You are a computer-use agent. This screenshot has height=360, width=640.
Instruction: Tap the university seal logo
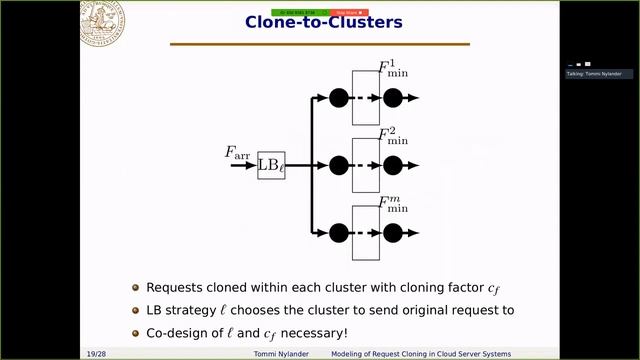tap(102, 22)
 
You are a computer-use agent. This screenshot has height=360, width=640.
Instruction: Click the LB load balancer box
tap(271, 165)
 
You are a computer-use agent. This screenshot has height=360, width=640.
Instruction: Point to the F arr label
tap(239, 153)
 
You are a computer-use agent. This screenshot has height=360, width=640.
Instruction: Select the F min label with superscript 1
tap(393, 71)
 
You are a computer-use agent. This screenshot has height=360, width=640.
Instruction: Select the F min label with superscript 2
tap(393, 137)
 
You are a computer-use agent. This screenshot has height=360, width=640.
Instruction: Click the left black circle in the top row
tap(338, 98)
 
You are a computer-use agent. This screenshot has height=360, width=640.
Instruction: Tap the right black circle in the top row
tap(392, 98)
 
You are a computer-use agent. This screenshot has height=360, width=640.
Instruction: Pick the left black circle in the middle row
tap(338, 165)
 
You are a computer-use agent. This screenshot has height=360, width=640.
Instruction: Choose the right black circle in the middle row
tap(392, 165)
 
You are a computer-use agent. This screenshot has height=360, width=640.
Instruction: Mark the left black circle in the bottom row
tap(338, 232)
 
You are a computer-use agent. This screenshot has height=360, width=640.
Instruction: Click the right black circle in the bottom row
tap(392, 232)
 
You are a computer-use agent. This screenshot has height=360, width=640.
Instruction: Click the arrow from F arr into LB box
tap(243, 165)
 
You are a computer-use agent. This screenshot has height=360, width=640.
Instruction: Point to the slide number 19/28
tap(95, 354)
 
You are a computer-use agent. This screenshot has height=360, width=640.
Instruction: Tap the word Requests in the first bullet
tap(175, 286)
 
